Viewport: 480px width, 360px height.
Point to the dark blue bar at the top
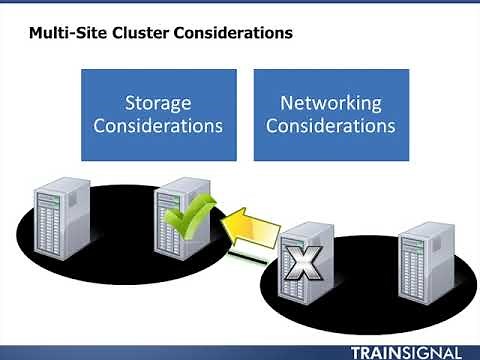(x=240, y=4)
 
